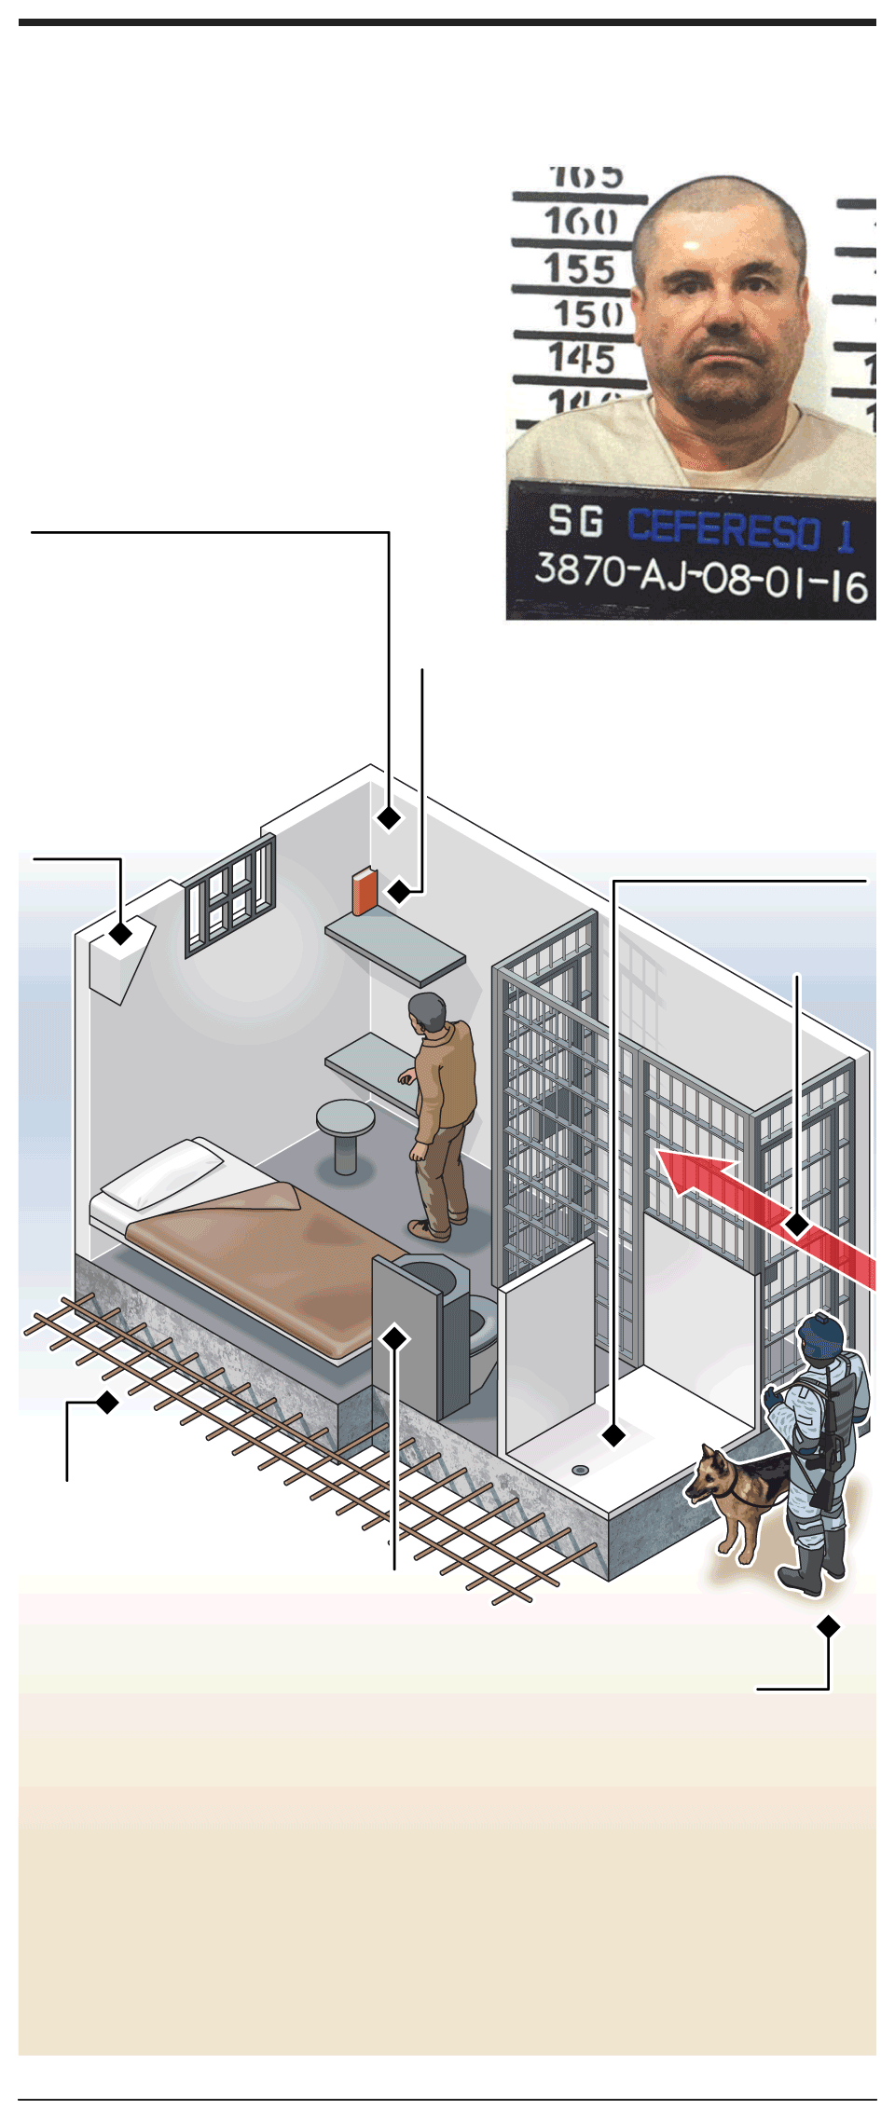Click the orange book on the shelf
pos(365,892)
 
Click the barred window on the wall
pos(229,894)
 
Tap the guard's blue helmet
pos(821,1334)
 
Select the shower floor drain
pos(580,1470)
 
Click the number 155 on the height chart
pos(580,269)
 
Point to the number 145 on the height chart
pos(582,359)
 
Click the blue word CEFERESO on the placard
pos(723,528)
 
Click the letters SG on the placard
pos(575,521)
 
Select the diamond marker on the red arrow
pos(797,1224)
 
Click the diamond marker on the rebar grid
pos(108,1402)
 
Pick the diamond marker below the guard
pos(828,1626)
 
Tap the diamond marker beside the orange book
pos(399,891)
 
